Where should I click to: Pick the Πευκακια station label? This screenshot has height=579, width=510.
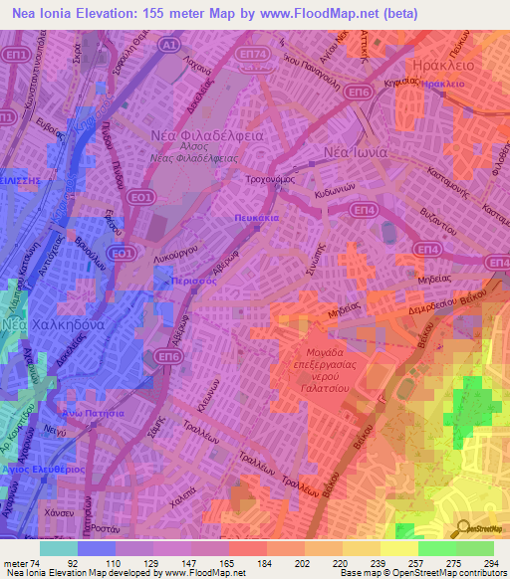point(257,215)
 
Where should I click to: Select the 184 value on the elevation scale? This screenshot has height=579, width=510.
point(247,562)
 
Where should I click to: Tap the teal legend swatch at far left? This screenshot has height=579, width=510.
point(58,547)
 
